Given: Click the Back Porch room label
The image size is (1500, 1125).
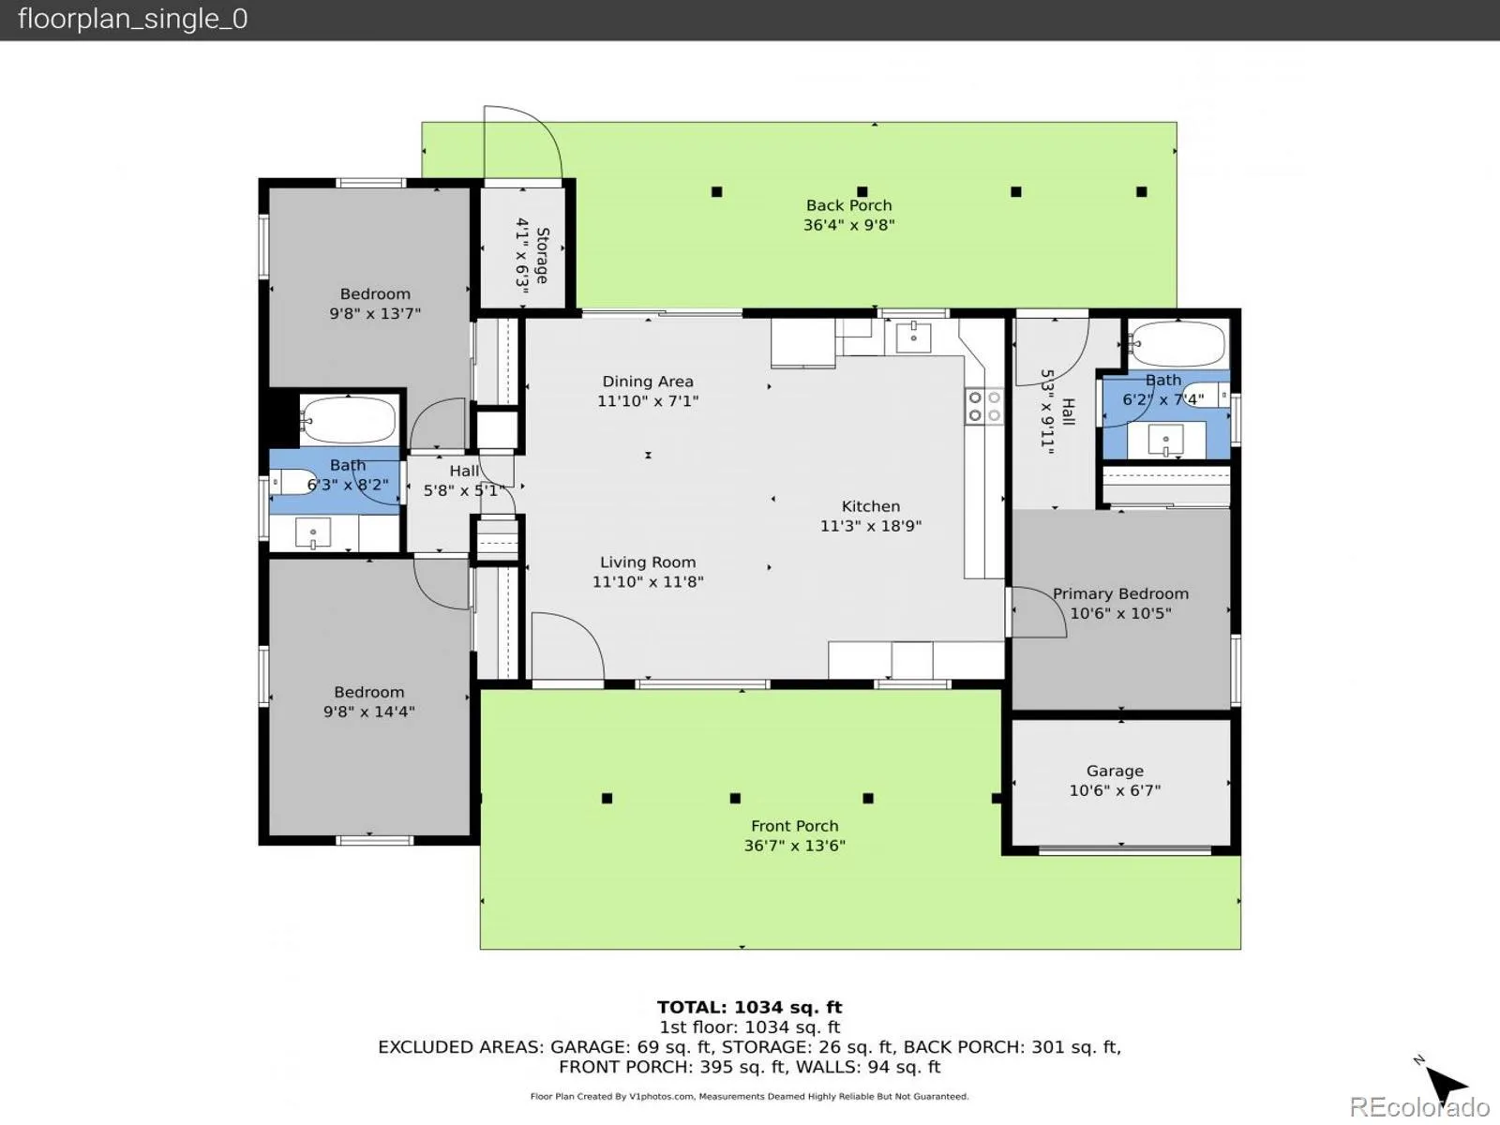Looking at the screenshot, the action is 848,205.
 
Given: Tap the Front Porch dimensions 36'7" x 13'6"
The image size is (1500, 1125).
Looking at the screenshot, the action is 794,846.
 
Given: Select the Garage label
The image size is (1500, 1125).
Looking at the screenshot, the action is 1115,772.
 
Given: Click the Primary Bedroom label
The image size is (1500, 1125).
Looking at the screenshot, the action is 1120,593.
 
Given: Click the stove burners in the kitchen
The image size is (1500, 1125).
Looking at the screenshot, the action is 984,407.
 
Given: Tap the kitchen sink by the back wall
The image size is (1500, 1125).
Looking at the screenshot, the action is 913,337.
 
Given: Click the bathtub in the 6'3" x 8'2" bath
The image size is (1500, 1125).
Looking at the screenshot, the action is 349,419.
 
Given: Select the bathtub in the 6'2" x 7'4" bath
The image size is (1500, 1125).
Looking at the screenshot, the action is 1177,343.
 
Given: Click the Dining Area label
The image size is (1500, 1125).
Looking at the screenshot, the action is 647,382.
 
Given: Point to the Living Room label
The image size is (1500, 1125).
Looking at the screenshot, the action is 648,562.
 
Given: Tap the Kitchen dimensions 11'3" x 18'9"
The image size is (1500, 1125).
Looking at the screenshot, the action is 871,526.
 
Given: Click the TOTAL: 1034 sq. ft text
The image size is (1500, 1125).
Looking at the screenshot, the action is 750,1007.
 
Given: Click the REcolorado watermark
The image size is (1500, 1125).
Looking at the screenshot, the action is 1419,1106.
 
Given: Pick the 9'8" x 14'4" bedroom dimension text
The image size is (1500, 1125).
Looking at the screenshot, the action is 369,712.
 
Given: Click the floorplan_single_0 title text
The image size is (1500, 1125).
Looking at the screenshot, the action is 132,19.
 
